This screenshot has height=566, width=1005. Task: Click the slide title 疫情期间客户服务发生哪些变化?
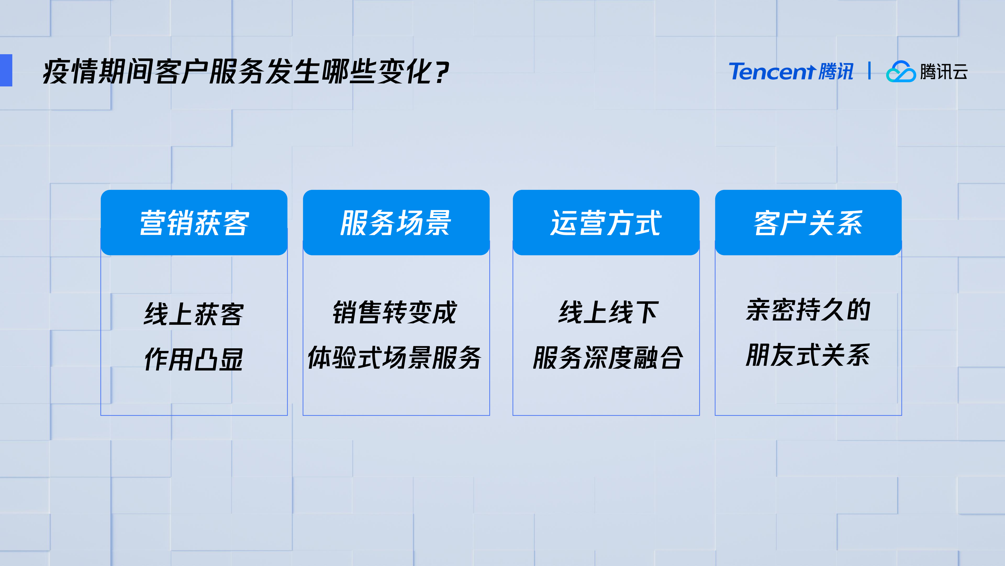pos(246,72)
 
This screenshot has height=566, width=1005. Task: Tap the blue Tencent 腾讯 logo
pos(791,72)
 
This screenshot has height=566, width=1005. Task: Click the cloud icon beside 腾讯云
pos(901,72)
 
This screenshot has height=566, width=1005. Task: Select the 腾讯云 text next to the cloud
pos(944,72)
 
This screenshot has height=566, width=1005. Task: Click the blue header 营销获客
pos(194,223)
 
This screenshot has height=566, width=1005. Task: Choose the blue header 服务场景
pos(396,223)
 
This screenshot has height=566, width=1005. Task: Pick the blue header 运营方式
pos(606,223)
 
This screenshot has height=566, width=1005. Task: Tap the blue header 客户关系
pos(808,223)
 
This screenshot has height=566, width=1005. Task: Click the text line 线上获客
pos(194,314)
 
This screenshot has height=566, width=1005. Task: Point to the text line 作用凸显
pos(194,359)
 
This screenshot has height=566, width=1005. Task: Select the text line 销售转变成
pos(395,312)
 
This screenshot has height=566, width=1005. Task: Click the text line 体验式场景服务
pos(395,358)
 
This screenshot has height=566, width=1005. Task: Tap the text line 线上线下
pos(609,312)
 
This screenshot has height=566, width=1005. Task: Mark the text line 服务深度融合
pos(608,358)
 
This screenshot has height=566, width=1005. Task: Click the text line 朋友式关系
pos(808,355)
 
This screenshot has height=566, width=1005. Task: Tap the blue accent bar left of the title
pos(6,70)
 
